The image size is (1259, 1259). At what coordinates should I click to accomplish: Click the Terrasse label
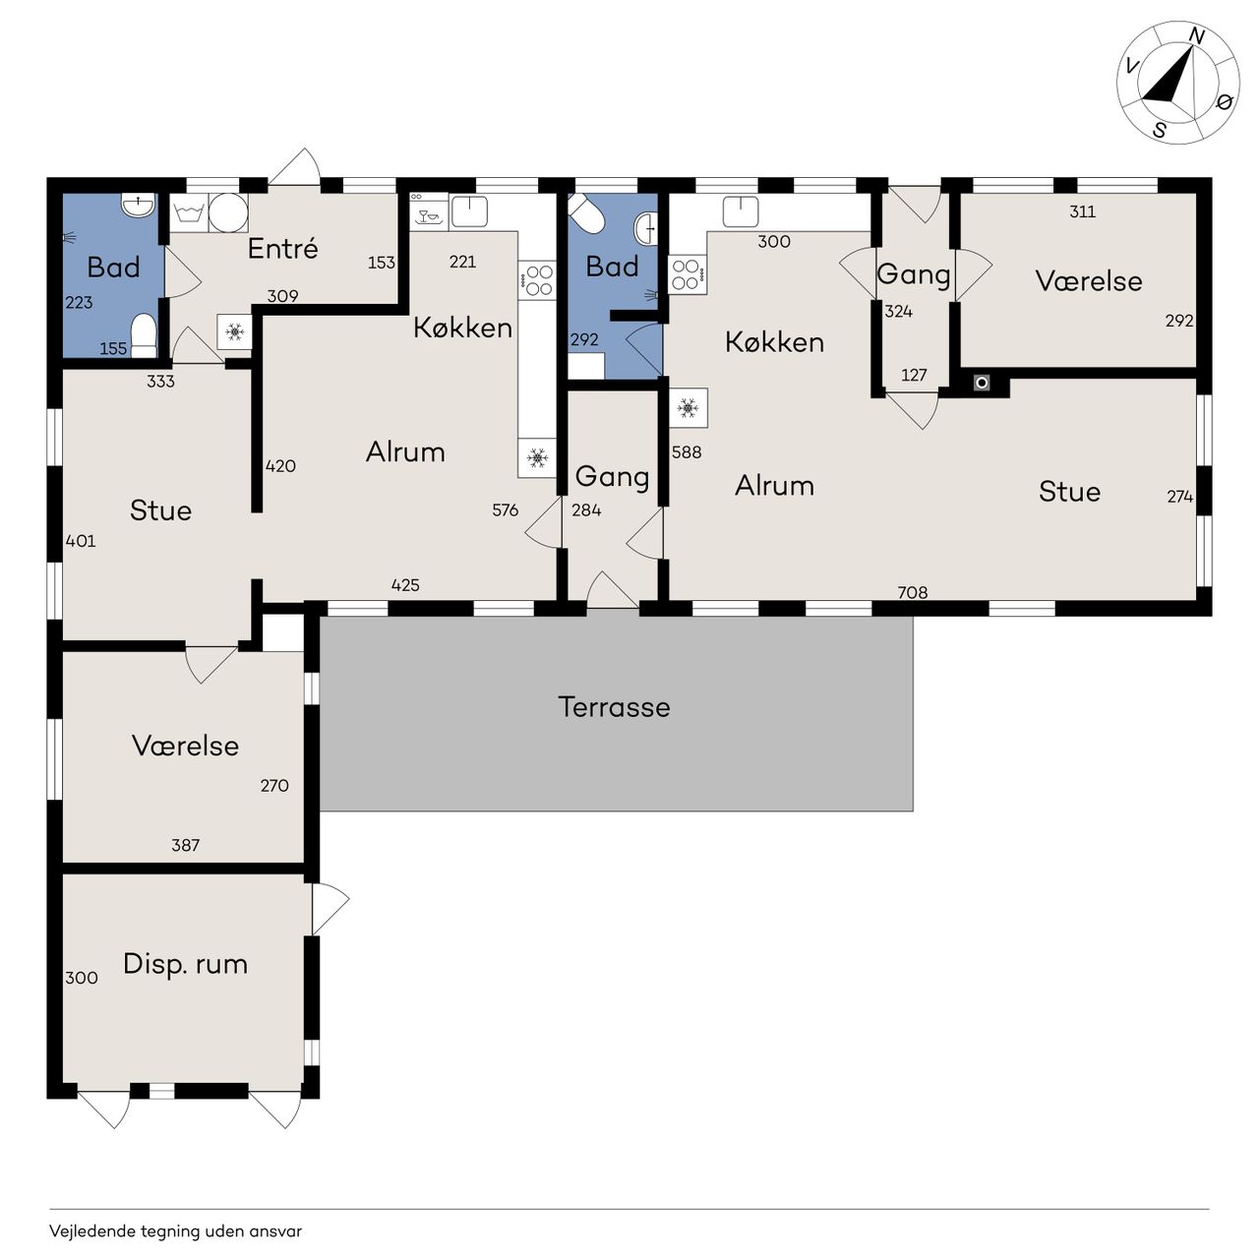(x=614, y=707)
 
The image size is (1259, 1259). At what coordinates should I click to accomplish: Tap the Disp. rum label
(x=186, y=964)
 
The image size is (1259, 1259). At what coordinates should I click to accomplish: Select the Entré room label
(x=283, y=248)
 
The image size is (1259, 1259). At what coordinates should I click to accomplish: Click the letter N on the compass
(x=1196, y=37)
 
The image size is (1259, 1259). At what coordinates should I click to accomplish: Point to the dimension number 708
(x=912, y=592)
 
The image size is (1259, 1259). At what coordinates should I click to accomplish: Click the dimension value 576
(x=505, y=510)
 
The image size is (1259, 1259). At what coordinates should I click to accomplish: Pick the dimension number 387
(x=185, y=845)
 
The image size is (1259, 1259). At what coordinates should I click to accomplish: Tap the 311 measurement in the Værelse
(x=1083, y=211)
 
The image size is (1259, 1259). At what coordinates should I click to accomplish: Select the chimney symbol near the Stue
(x=982, y=383)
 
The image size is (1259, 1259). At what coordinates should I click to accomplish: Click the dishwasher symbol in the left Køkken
(x=429, y=210)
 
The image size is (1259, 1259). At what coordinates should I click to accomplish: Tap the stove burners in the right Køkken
(x=686, y=275)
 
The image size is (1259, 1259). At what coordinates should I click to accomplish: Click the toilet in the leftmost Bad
(x=143, y=334)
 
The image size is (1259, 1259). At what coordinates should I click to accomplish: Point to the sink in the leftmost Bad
(x=138, y=205)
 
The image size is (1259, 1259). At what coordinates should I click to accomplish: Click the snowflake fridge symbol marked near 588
(x=688, y=408)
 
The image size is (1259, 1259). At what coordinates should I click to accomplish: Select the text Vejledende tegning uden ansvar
(x=176, y=1230)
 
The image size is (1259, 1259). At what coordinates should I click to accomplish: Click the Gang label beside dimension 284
(x=612, y=477)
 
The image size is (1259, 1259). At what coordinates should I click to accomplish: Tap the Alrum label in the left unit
(x=405, y=451)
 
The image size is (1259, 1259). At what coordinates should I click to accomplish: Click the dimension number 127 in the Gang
(x=914, y=375)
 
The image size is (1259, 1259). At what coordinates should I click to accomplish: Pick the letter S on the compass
(x=1160, y=130)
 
